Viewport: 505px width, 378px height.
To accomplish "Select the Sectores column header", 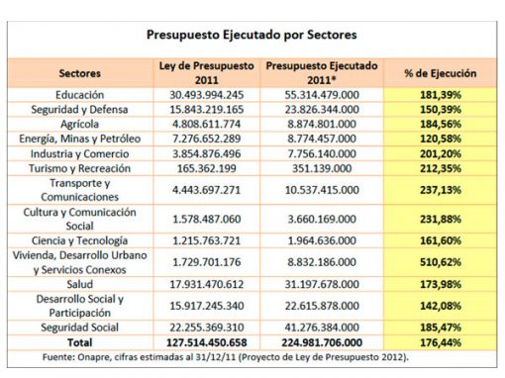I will (80, 73).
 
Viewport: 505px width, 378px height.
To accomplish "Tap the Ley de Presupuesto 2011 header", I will (207, 72).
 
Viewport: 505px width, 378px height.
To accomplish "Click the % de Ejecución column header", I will (441, 73).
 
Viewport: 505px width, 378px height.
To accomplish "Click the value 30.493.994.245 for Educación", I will (207, 93).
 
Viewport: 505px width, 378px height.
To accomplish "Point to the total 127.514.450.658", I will (207, 340).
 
